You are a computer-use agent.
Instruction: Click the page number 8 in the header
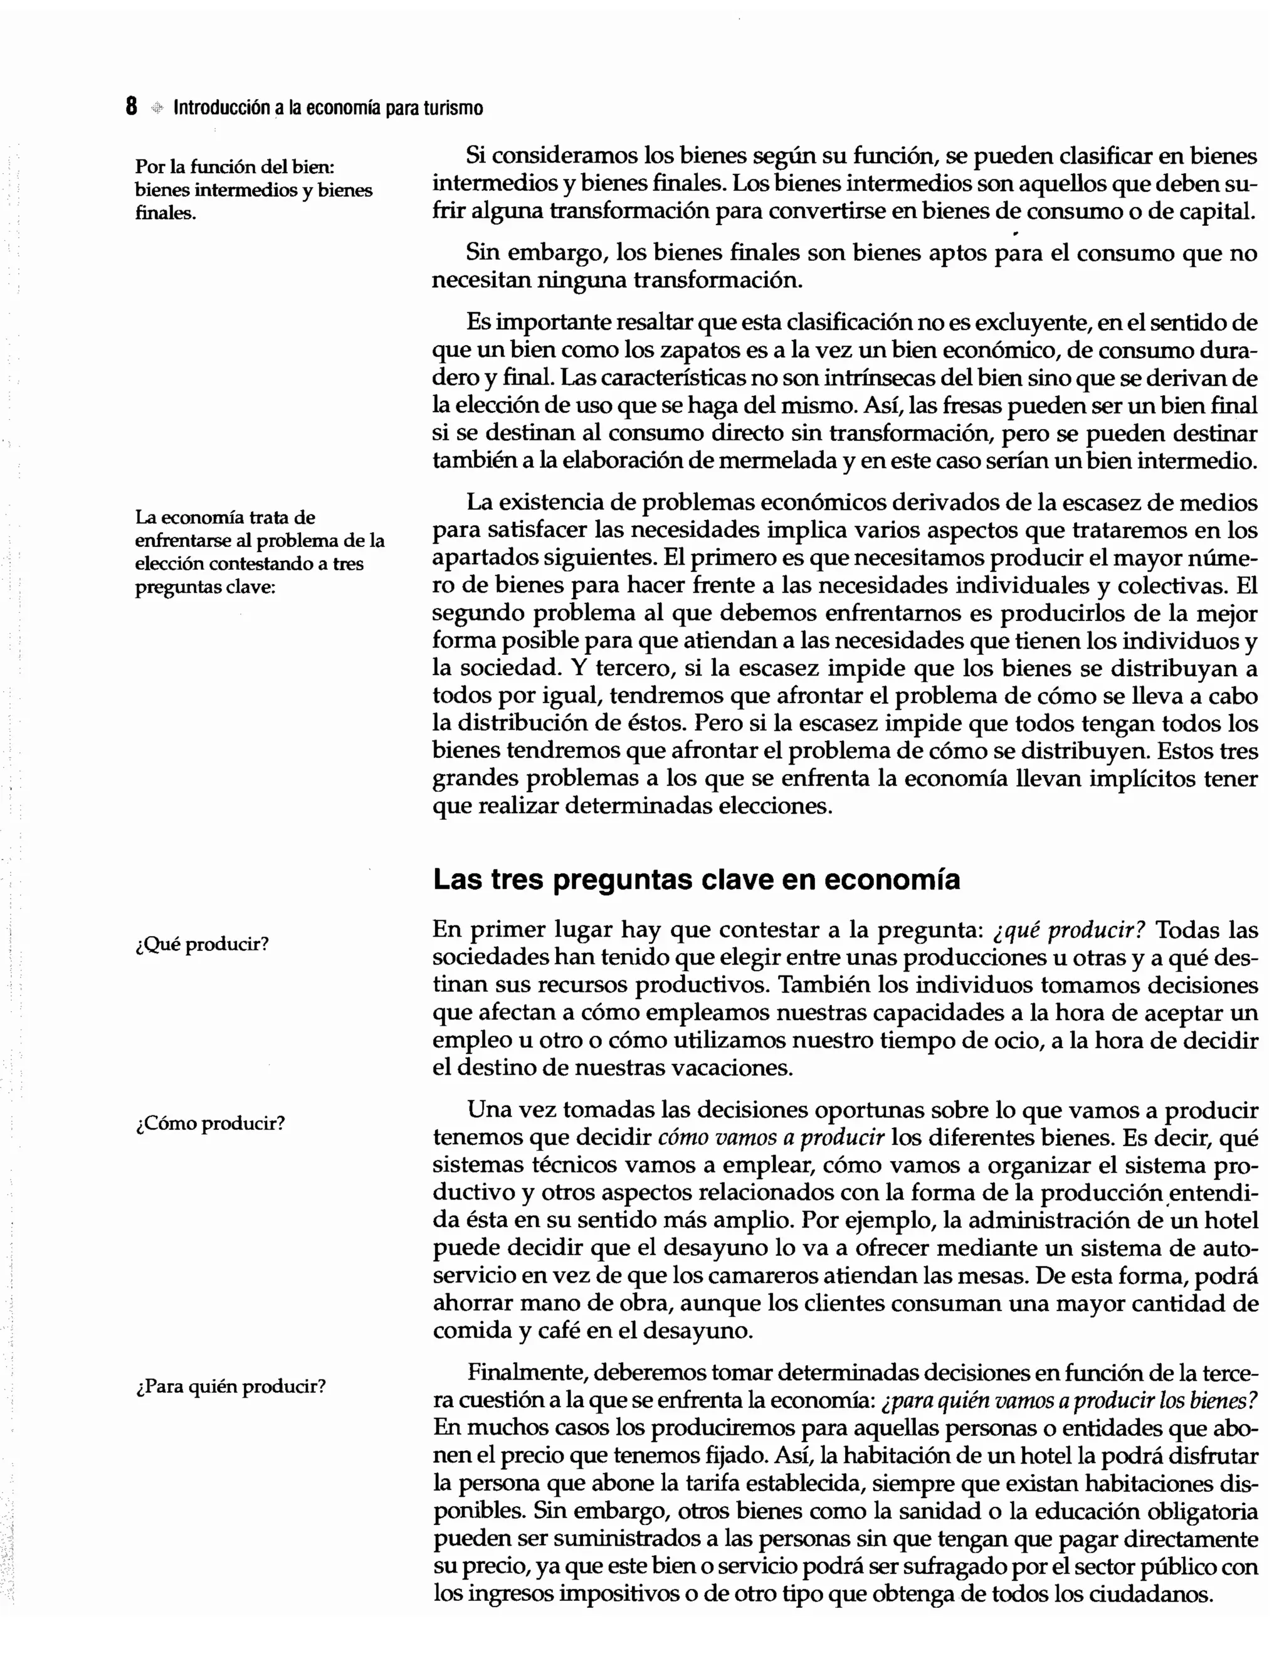tap(132, 107)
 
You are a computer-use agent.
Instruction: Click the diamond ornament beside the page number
tap(157, 108)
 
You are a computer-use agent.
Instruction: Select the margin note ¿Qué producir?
tap(202, 944)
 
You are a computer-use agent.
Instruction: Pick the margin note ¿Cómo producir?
tap(209, 1124)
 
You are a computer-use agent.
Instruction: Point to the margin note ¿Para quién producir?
tap(230, 1386)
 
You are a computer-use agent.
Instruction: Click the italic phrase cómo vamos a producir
tap(771, 1137)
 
